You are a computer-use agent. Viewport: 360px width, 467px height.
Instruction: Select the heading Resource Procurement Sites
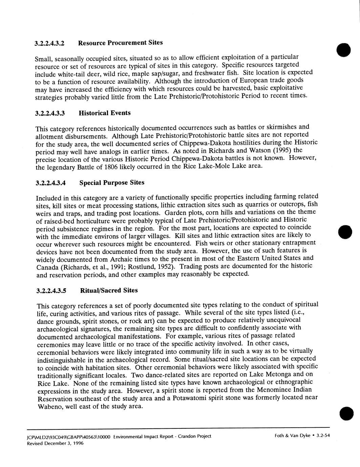point(120,43)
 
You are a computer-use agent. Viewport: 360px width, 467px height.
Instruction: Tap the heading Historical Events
point(105,113)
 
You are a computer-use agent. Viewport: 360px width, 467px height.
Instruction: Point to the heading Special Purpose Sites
point(112,183)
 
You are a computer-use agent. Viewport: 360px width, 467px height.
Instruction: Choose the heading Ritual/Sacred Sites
point(109,290)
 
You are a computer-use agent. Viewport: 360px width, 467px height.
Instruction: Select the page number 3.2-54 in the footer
point(323,436)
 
